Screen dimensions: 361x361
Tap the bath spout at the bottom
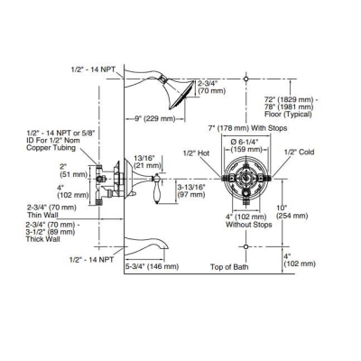coord(153,243)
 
